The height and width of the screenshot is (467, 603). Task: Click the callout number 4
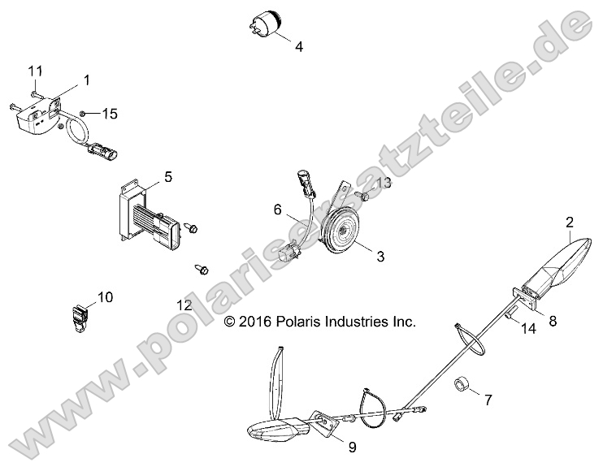(299, 47)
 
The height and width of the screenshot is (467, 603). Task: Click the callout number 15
(109, 115)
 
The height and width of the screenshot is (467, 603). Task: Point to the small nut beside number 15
(85, 113)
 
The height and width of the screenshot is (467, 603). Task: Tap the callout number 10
(105, 296)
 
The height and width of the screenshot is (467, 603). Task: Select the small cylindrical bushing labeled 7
(462, 383)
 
